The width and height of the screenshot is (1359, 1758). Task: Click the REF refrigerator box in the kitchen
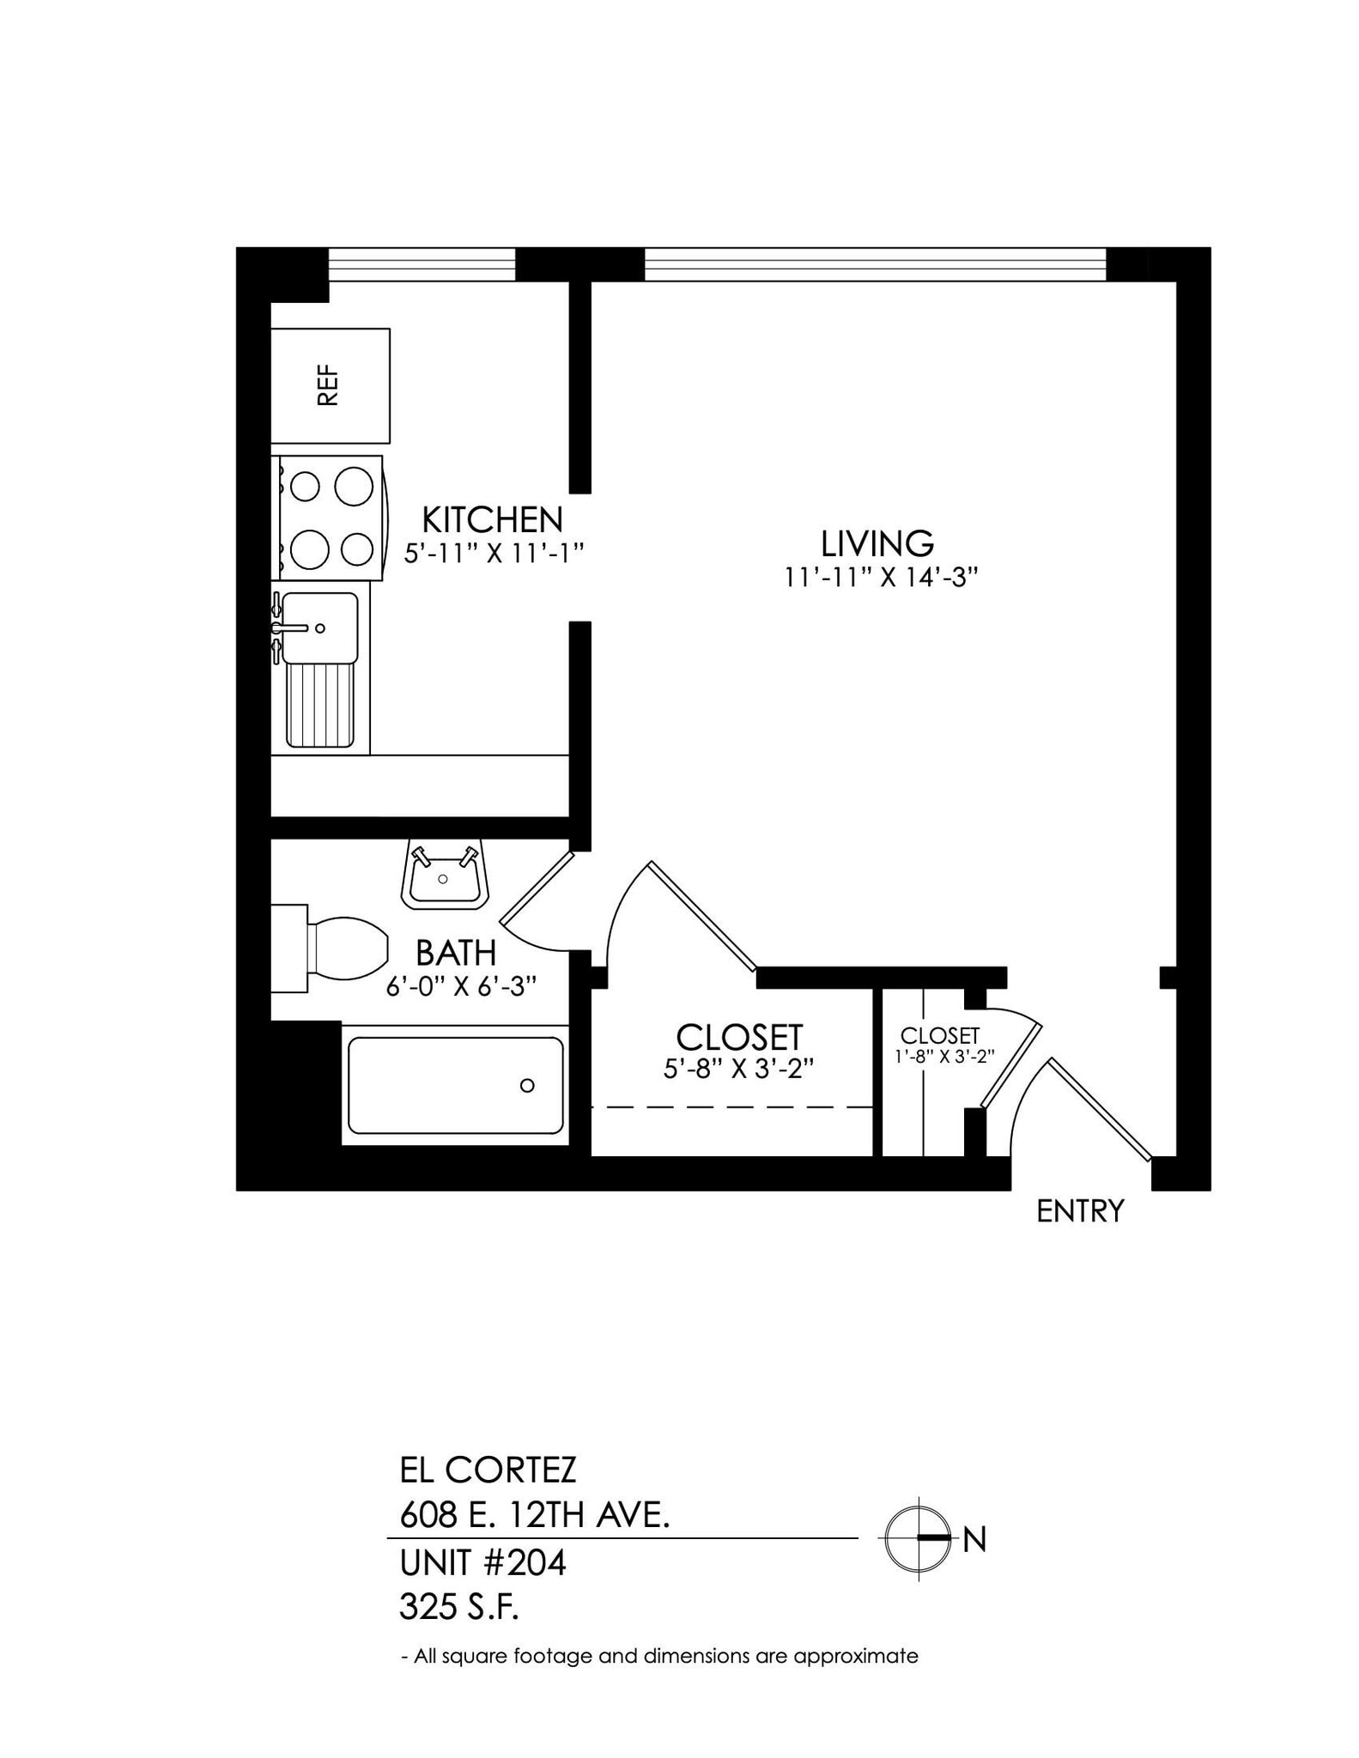(x=331, y=385)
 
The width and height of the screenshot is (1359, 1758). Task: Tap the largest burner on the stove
(x=353, y=487)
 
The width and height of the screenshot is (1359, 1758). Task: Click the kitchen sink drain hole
(x=320, y=628)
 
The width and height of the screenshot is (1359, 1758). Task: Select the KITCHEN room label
(x=492, y=520)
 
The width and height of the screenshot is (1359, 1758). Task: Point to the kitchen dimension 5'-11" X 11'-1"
(x=494, y=553)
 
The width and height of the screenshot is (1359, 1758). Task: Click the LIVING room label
(x=877, y=543)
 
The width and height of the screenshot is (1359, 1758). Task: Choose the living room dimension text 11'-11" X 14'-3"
(x=881, y=578)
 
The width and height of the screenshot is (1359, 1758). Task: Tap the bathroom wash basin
(x=444, y=876)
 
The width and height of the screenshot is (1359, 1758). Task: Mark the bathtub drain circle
(x=527, y=1085)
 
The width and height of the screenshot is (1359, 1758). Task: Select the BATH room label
(x=456, y=953)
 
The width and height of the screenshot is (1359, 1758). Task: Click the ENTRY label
(x=1080, y=1211)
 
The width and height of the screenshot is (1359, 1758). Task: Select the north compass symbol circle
(x=919, y=1538)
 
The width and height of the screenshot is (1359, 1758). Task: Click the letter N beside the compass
(x=974, y=1540)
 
